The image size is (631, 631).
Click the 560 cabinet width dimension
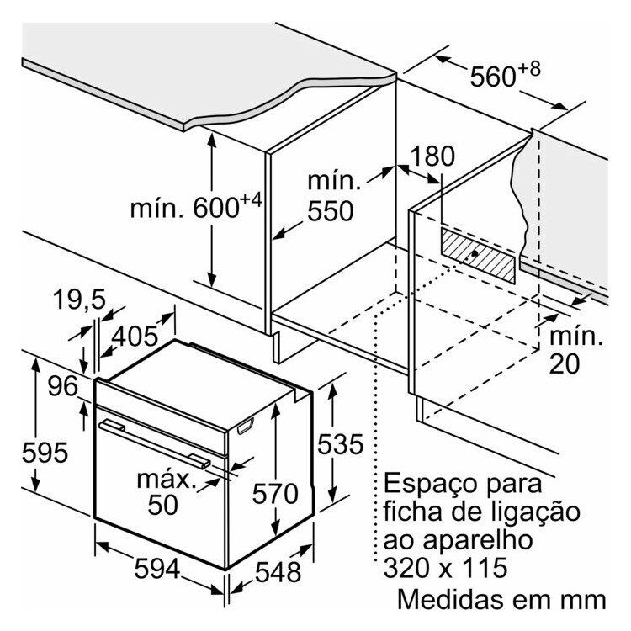[492, 77]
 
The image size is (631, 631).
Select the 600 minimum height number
[216, 208]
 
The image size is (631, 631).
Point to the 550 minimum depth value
[331, 210]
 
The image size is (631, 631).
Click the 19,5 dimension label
[79, 300]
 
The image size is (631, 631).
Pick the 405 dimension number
[135, 337]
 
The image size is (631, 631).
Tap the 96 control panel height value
[63, 386]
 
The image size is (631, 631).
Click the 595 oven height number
[45, 453]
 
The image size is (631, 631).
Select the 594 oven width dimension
[157, 569]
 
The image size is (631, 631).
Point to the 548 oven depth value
[278, 572]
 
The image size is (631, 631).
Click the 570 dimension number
[275, 494]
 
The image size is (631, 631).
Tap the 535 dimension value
[341, 445]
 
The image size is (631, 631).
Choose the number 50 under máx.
[162, 504]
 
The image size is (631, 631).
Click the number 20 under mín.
[565, 363]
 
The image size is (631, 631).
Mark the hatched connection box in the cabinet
[478, 256]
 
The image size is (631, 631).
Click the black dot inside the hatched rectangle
[475, 253]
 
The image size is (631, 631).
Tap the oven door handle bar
[154, 444]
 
